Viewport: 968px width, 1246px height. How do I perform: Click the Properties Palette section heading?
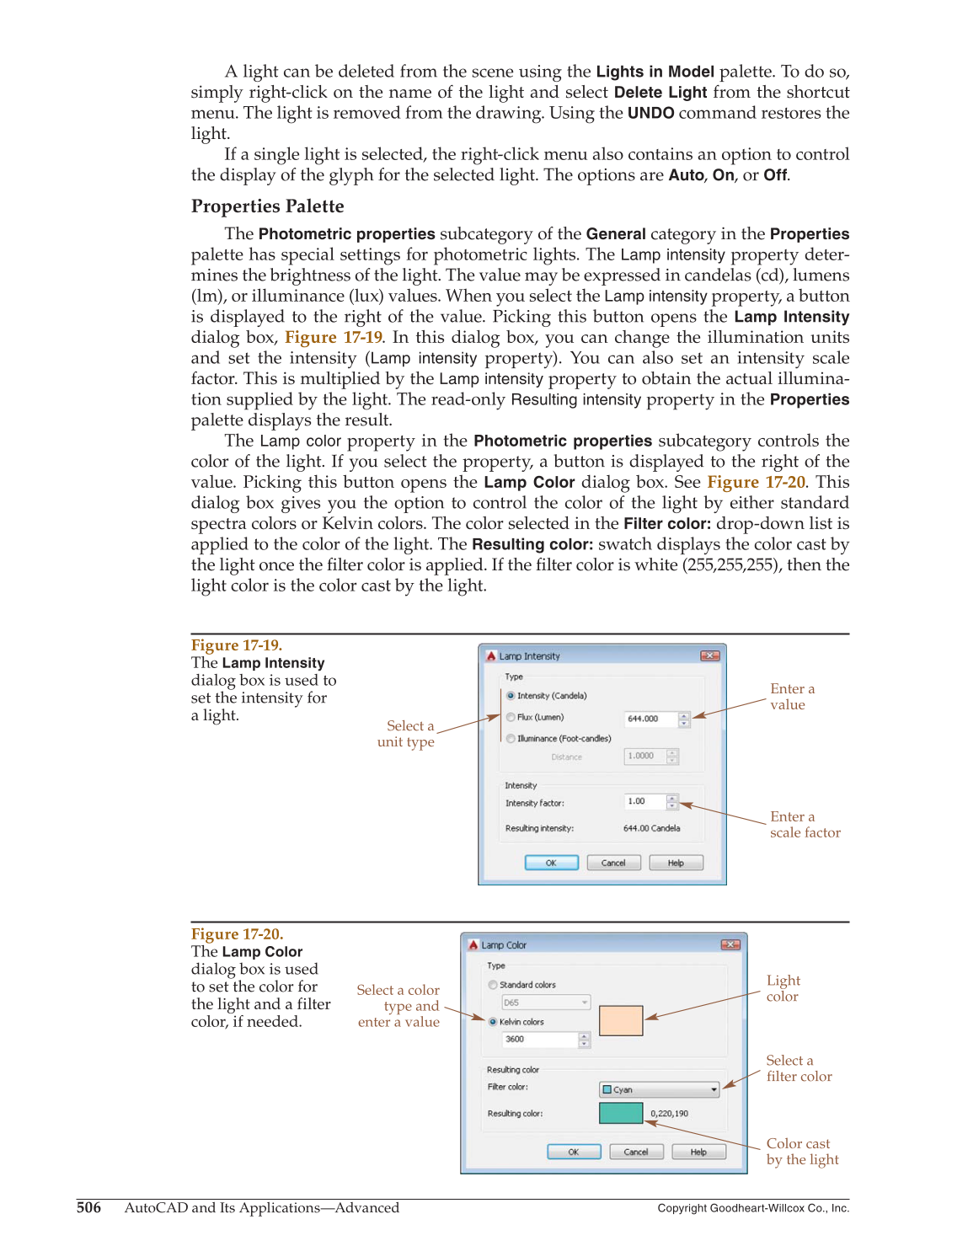pyautogui.click(x=267, y=206)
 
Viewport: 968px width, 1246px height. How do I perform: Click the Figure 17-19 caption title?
pyautogui.click(x=237, y=645)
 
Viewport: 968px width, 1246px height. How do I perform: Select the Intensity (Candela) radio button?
pyautogui.click(x=511, y=696)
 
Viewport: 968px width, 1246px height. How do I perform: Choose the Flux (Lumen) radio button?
pyautogui.click(x=511, y=717)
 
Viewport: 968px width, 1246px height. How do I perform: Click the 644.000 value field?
pyautogui.click(x=650, y=719)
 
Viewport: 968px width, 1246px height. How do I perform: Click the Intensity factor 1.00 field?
pyautogui.click(x=644, y=801)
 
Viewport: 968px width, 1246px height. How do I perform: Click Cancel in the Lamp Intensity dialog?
pyautogui.click(x=613, y=863)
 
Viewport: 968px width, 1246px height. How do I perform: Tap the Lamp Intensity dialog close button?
pyautogui.click(x=709, y=655)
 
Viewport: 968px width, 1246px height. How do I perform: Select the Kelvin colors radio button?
pyautogui.click(x=493, y=1022)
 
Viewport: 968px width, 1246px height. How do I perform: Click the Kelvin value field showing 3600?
pyautogui.click(x=539, y=1040)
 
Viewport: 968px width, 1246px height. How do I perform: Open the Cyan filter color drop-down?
pyautogui.click(x=660, y=1089)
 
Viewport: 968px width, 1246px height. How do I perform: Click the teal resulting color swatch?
pyautogui.click(x=621, y=1113)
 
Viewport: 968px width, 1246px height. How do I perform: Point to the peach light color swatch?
pyautogui.click(x=621, y=1020)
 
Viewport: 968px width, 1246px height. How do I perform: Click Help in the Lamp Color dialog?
pyautogui.click(x=698, y=1152)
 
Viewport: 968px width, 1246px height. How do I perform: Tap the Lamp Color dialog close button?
pyautogui.click(x=730, y=944)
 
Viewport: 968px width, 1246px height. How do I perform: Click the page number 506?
pyautogui.click(x=88, y=1208)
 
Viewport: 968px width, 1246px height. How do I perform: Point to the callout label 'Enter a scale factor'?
pyautogui.click(x=805, y=825)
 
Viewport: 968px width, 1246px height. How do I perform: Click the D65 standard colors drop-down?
pyautogui.click(x=546, y=1003)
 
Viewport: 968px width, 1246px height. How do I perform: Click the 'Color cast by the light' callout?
pyautogui.click(x=802, y=1152)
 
